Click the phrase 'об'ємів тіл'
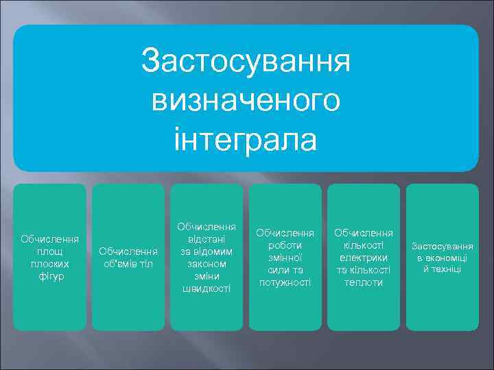[128, 264]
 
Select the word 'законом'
[207, 264]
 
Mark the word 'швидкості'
[207, 288]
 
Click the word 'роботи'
[285, 245]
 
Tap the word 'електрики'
[364, 258]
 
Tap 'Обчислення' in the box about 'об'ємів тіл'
[128, 251]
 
